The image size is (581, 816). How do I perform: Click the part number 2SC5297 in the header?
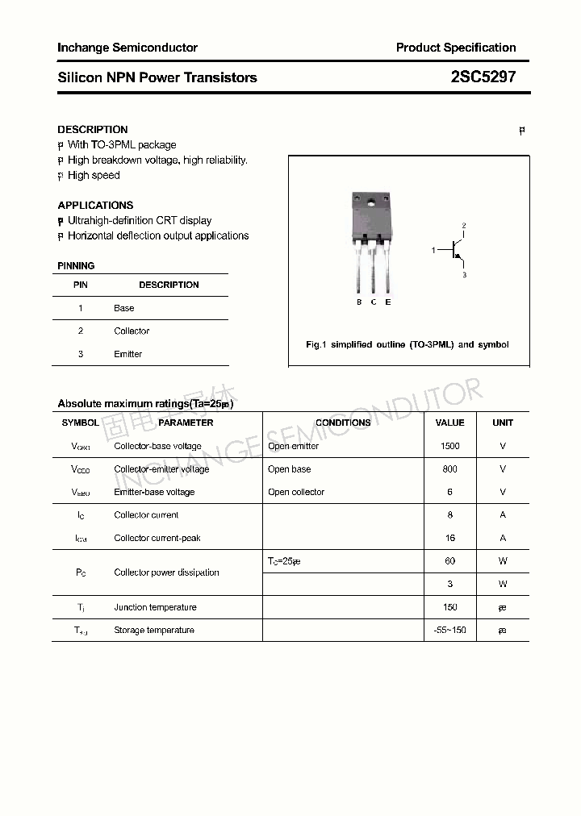(x=483, y=77)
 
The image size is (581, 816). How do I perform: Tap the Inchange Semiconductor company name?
(x=127, y=48)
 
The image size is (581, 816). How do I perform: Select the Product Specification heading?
(x=456, y=48)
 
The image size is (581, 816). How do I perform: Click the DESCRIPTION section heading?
(x=93, y=129)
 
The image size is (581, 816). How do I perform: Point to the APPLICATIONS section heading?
(x=95, y=205)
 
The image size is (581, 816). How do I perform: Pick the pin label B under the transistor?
(x=359, y=302)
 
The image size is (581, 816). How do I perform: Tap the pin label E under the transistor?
(x=388, y=302)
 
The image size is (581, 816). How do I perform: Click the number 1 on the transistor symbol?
(x=433, y=251)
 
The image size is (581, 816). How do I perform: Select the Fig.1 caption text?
(x=408, y=344)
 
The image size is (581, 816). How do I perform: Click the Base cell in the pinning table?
(x=124, y=308)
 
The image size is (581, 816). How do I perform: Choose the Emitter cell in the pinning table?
(x=127, y=354)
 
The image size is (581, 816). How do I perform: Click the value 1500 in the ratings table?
(x=449, y=446)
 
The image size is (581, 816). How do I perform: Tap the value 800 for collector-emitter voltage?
(x=449, y=469)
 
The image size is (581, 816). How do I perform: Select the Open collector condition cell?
(x=296, y=492)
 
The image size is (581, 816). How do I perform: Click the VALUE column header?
(x=449, y=423)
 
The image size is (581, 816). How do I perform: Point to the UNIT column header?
(x=503, y=423)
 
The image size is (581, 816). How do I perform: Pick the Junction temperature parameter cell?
(x=154, y=607)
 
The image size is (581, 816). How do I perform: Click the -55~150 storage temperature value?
(x=449, y=630)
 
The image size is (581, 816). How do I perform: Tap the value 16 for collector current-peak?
(x=449, y=538)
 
